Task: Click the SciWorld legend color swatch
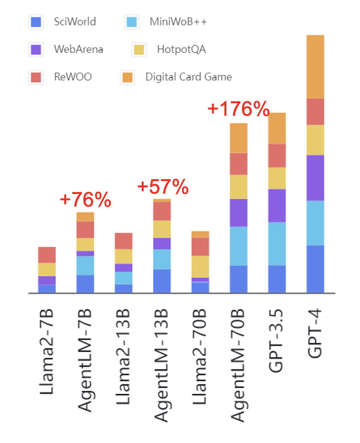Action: click(36, 22)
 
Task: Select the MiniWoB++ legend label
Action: click(178, 22)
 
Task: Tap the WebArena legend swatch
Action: click(36, 50)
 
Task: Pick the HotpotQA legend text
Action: click(181, 50)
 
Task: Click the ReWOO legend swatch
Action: click(36, 77)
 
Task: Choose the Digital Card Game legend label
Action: click(188, 77)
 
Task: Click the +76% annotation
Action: click(85, 200)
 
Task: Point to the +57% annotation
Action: click(163, 187)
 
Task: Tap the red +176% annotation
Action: click(238, 109)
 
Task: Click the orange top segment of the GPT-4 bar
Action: click(315, 67)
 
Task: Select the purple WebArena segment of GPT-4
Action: click(315, 178)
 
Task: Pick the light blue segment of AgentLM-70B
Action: click(239, 246)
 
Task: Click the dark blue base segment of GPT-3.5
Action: click(277, 279)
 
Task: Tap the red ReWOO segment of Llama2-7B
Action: click(47, 255)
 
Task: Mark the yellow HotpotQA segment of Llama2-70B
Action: click(200, 266)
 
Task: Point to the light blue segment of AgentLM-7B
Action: click(85, 265)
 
